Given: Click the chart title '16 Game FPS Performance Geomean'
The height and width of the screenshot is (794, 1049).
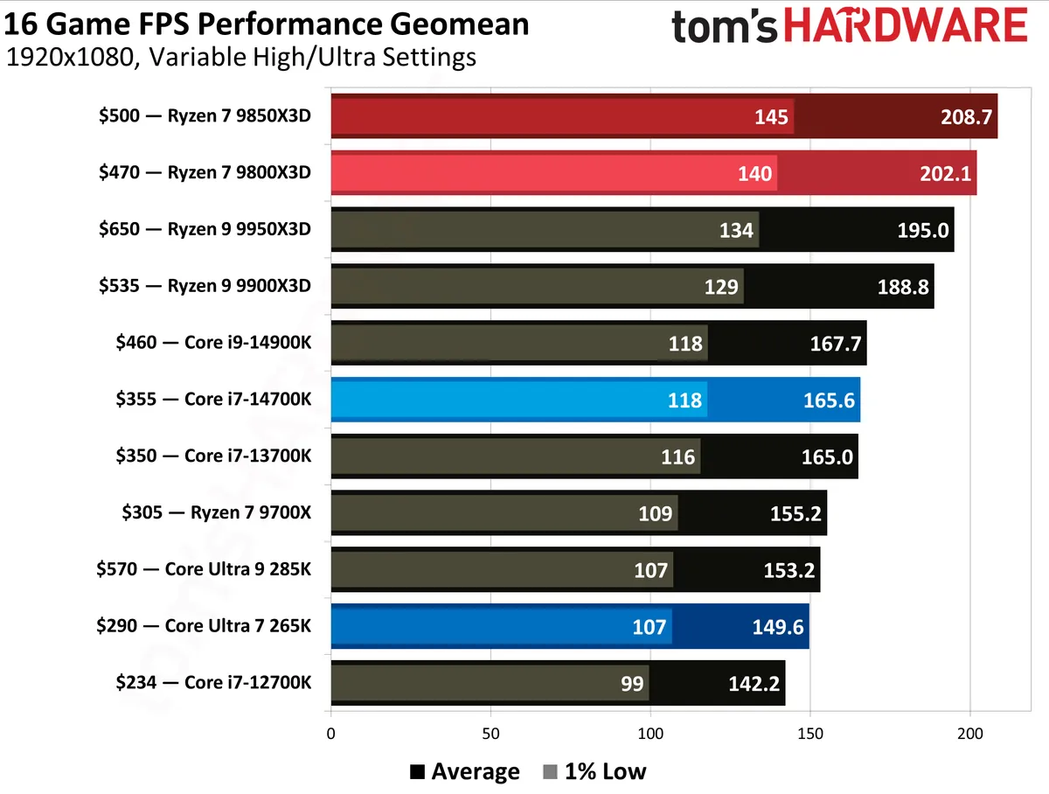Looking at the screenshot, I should click(x=266, y=23).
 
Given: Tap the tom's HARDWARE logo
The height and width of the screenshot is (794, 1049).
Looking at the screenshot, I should click(x=849, y=26).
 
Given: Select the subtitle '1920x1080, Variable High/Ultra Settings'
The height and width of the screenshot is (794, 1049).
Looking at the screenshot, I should click(x=241, y=59).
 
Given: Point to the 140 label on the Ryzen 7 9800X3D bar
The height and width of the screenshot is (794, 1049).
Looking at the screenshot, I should click(x=754, y=173).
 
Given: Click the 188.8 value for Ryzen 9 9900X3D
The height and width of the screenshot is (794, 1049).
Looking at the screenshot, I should click(x=903, y=286).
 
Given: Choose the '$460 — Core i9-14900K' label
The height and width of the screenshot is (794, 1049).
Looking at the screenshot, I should click(x=212, y=343).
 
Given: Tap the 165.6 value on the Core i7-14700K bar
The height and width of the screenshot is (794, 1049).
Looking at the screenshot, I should click(x=829, y=400).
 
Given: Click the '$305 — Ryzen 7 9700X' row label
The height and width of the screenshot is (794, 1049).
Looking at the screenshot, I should click(x=216, y=512).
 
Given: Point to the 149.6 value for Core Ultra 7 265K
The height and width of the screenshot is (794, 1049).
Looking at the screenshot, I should click(x=778, y=626).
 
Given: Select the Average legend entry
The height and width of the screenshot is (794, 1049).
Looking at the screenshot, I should click(x=465, y=771).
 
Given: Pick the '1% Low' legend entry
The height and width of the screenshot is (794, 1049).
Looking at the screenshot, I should click(x=594, y=771).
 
